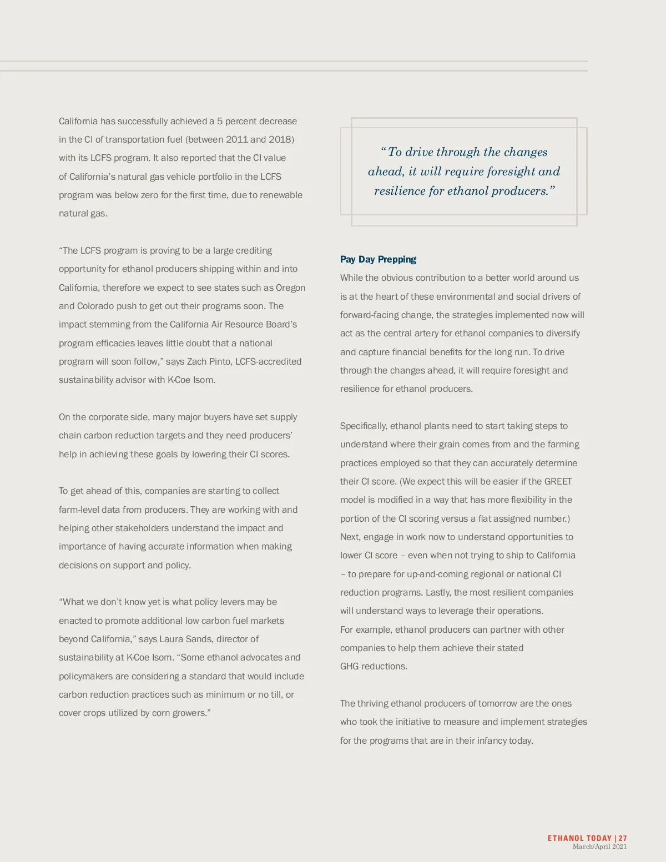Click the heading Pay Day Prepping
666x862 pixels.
coord(378,259)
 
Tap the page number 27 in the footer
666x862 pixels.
coord(623,838)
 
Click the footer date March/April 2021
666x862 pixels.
coord(599,846)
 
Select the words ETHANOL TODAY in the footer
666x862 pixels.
coord(579,838)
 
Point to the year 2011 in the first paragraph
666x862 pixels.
coord(236,139)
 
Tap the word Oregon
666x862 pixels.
coord(290,288)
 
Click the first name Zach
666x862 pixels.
coord(196,361)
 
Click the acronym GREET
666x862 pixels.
coord(558,481)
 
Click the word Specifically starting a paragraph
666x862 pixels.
coord(364,426)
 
